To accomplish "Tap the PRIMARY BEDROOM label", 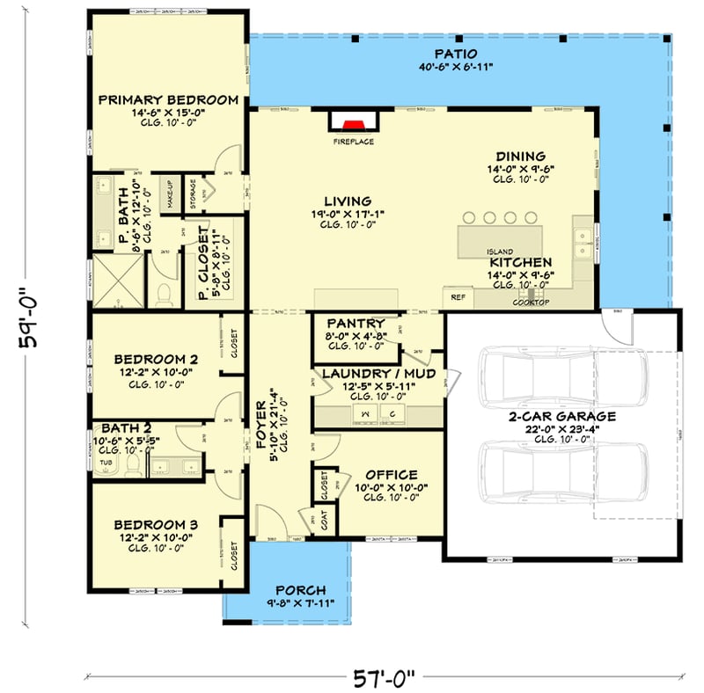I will coord(168,100).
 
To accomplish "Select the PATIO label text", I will coord(461,53).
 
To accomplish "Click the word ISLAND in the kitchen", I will coord(500,252).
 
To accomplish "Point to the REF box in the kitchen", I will coord(458,297).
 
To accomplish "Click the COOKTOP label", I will coord(532,303).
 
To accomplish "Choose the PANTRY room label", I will coord(353,324).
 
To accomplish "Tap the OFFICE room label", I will coord(390,475).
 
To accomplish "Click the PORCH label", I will coord(301,589).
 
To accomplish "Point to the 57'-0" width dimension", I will coord(385,677).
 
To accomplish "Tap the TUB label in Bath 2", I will coord(106,462).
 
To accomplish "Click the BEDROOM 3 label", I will coord(156,525).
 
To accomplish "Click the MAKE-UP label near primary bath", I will coord(168,193).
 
